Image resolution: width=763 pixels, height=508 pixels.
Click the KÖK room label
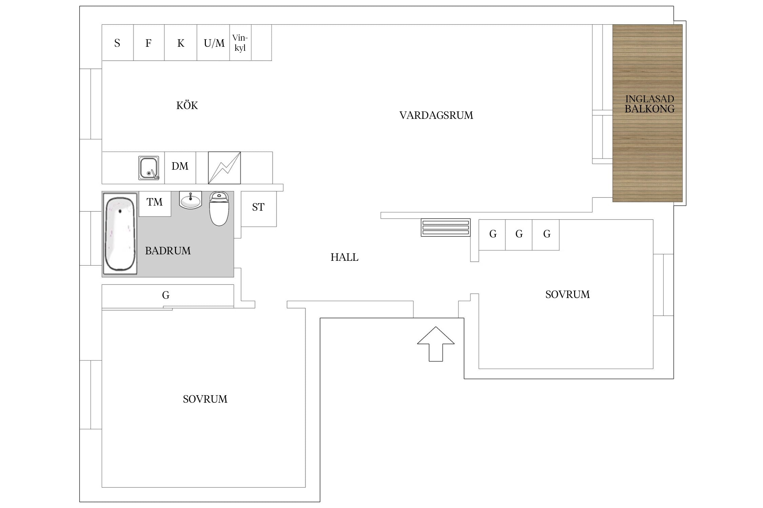[x=187, y=105]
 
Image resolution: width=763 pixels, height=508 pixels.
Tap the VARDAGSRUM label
[x=436, y=115]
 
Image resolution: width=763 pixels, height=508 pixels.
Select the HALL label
[x=344, y=257]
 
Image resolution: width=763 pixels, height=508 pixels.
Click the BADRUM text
[x=168, y=251]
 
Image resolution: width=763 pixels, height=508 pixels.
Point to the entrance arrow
[x=436, y=344]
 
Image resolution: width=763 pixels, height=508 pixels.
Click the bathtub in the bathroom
[x=120, y=234]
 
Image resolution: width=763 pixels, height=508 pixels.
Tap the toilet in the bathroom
[x=219, y=209]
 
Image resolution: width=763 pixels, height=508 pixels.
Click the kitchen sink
[x=149, y=168]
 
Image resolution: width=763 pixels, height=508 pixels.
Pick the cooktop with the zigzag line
[x=224, y=168]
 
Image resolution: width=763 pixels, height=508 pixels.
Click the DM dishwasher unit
[x=180, y=168]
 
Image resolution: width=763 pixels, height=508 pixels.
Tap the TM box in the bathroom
[x=155, y=204]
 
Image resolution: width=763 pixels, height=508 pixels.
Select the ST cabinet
[x=259, y=209]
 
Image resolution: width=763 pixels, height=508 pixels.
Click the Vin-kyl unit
[x=240, y=43]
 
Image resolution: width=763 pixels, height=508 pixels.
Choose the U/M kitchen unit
[x=213, y=43]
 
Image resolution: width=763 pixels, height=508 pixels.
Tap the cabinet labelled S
[x=118, y=43]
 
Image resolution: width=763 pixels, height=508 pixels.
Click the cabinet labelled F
[x=149, y=43]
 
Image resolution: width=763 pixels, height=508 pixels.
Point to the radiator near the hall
[x=446, y=228]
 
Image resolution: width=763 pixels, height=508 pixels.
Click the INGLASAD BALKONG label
[x=649, y=104]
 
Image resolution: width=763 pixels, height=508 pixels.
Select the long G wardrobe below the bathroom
[x=168, y=296]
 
